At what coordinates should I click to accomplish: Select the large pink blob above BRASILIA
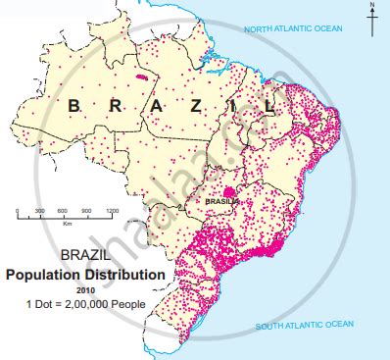point(230,192)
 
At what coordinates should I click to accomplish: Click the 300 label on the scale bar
point(40,212)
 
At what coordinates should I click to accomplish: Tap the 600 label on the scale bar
point(64,212)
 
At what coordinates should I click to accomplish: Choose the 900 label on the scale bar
point(88,212)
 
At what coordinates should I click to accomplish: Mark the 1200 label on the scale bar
point(113,212)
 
